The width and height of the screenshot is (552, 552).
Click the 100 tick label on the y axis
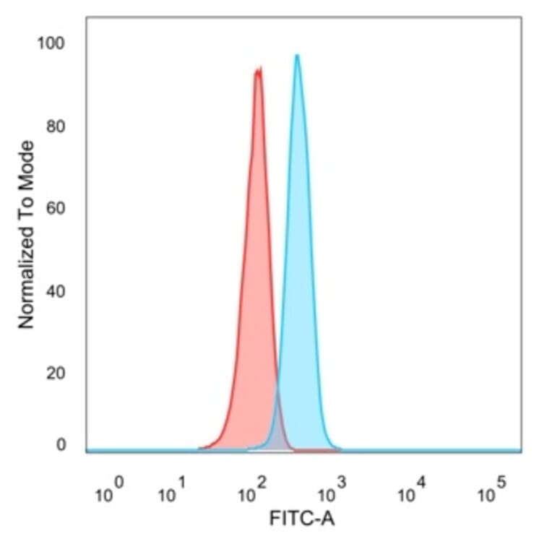(x=51, y=44)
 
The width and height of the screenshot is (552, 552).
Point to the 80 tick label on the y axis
(x=53, y=127)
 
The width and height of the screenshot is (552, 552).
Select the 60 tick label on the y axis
(x=53, y=210)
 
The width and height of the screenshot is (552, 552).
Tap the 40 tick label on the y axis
(x=53, y=292)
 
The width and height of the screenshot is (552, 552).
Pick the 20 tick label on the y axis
(x=53, y=374)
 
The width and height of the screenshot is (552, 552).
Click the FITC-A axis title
(x=301, y=518)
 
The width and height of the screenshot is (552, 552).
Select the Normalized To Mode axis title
(x=27, y=235)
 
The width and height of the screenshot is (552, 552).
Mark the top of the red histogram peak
(x=258, y=69)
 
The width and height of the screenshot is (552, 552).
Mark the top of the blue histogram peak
(x=296, y=56)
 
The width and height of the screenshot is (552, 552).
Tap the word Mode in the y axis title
(x=27, y=161)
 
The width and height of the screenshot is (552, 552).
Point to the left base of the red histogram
(x=201, y=449)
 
